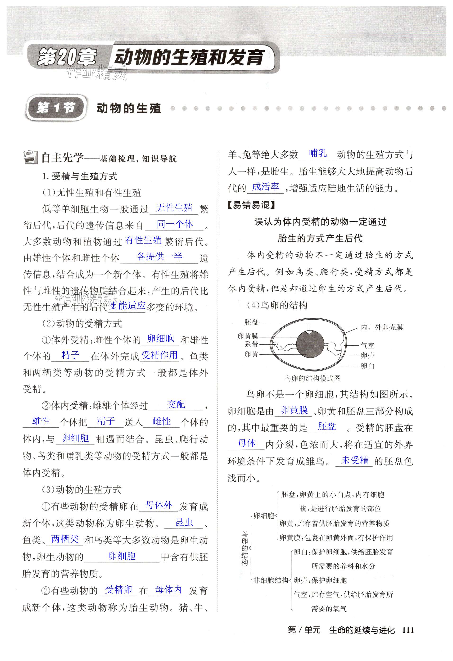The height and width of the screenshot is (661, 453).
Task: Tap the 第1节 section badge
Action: click(x=56, y=108)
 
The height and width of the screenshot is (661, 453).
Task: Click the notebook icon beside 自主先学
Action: click(x=31, y=157)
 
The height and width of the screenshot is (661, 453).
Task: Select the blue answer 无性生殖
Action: click(x=174, y=208)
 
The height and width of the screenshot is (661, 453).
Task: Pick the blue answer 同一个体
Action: click(x=175, y=224)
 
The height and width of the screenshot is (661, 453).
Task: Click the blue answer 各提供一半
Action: click(x=159, y=257)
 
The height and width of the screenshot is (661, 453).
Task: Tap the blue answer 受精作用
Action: click(x=159, y=355)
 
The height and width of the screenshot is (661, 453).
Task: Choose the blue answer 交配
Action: click(x=176, y=404)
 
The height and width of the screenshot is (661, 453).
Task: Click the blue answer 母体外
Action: click(x=159, y=505)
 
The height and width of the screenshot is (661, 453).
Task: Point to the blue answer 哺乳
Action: click(x=318, y=153)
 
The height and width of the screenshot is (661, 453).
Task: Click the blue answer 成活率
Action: click(x=265, y=187)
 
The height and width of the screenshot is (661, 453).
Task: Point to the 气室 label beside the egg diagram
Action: click(x=367, y=346)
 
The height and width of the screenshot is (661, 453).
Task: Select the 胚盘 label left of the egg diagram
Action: click(x=251, y=322)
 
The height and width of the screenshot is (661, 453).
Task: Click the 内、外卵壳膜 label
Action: click(x=382, y=327)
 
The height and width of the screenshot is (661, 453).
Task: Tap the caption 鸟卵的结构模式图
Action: click(x=312, y=379)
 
